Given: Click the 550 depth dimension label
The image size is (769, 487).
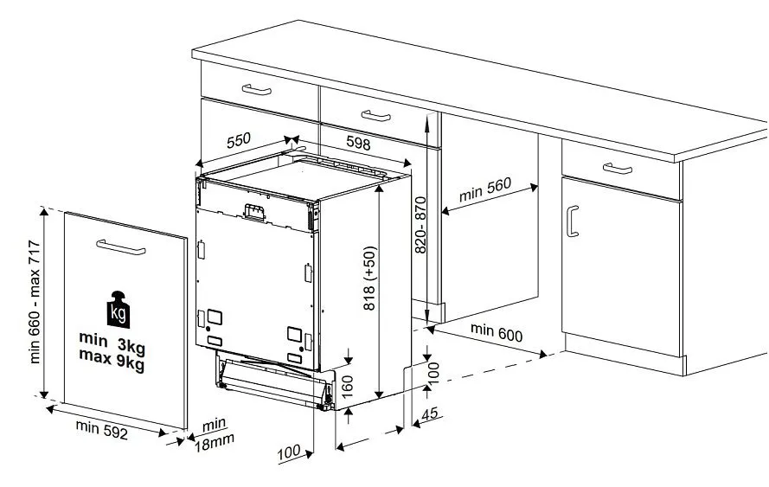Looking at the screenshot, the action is [x=239, y=141].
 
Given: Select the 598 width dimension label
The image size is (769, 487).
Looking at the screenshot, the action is [x=358, y=143].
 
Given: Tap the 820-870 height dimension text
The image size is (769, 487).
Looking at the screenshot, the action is [x=420, y=225].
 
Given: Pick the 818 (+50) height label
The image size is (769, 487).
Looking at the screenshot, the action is [x=369, y=278].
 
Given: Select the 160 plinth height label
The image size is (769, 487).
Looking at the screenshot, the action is [x=347, y=387].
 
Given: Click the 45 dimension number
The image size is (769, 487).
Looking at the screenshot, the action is [x=430, y=413].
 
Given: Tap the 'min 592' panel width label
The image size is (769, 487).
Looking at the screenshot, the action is [x=101, y=430].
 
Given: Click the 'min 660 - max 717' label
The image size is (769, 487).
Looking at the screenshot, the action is [x=35, y=302].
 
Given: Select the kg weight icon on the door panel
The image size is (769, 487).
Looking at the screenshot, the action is [x=119, y=310].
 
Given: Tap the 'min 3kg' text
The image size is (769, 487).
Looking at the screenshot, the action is [x=112, y=342].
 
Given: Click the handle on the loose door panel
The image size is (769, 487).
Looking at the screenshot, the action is [x=120, y=247].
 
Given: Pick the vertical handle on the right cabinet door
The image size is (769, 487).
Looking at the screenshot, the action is [x=572, y=221].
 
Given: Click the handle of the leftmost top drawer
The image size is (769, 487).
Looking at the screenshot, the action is [x=257, y=90].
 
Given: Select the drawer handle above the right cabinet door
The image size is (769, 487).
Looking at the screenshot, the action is [x=618, y=168].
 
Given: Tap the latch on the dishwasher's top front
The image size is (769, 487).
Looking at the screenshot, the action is [x=254, y=212].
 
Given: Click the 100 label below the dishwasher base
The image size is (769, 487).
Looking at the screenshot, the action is [x=289, y=452].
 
